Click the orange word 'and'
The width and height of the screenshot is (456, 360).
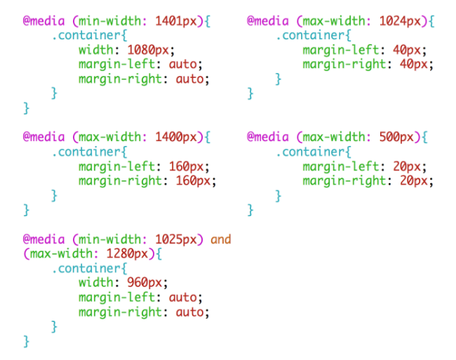click(221, 239)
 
